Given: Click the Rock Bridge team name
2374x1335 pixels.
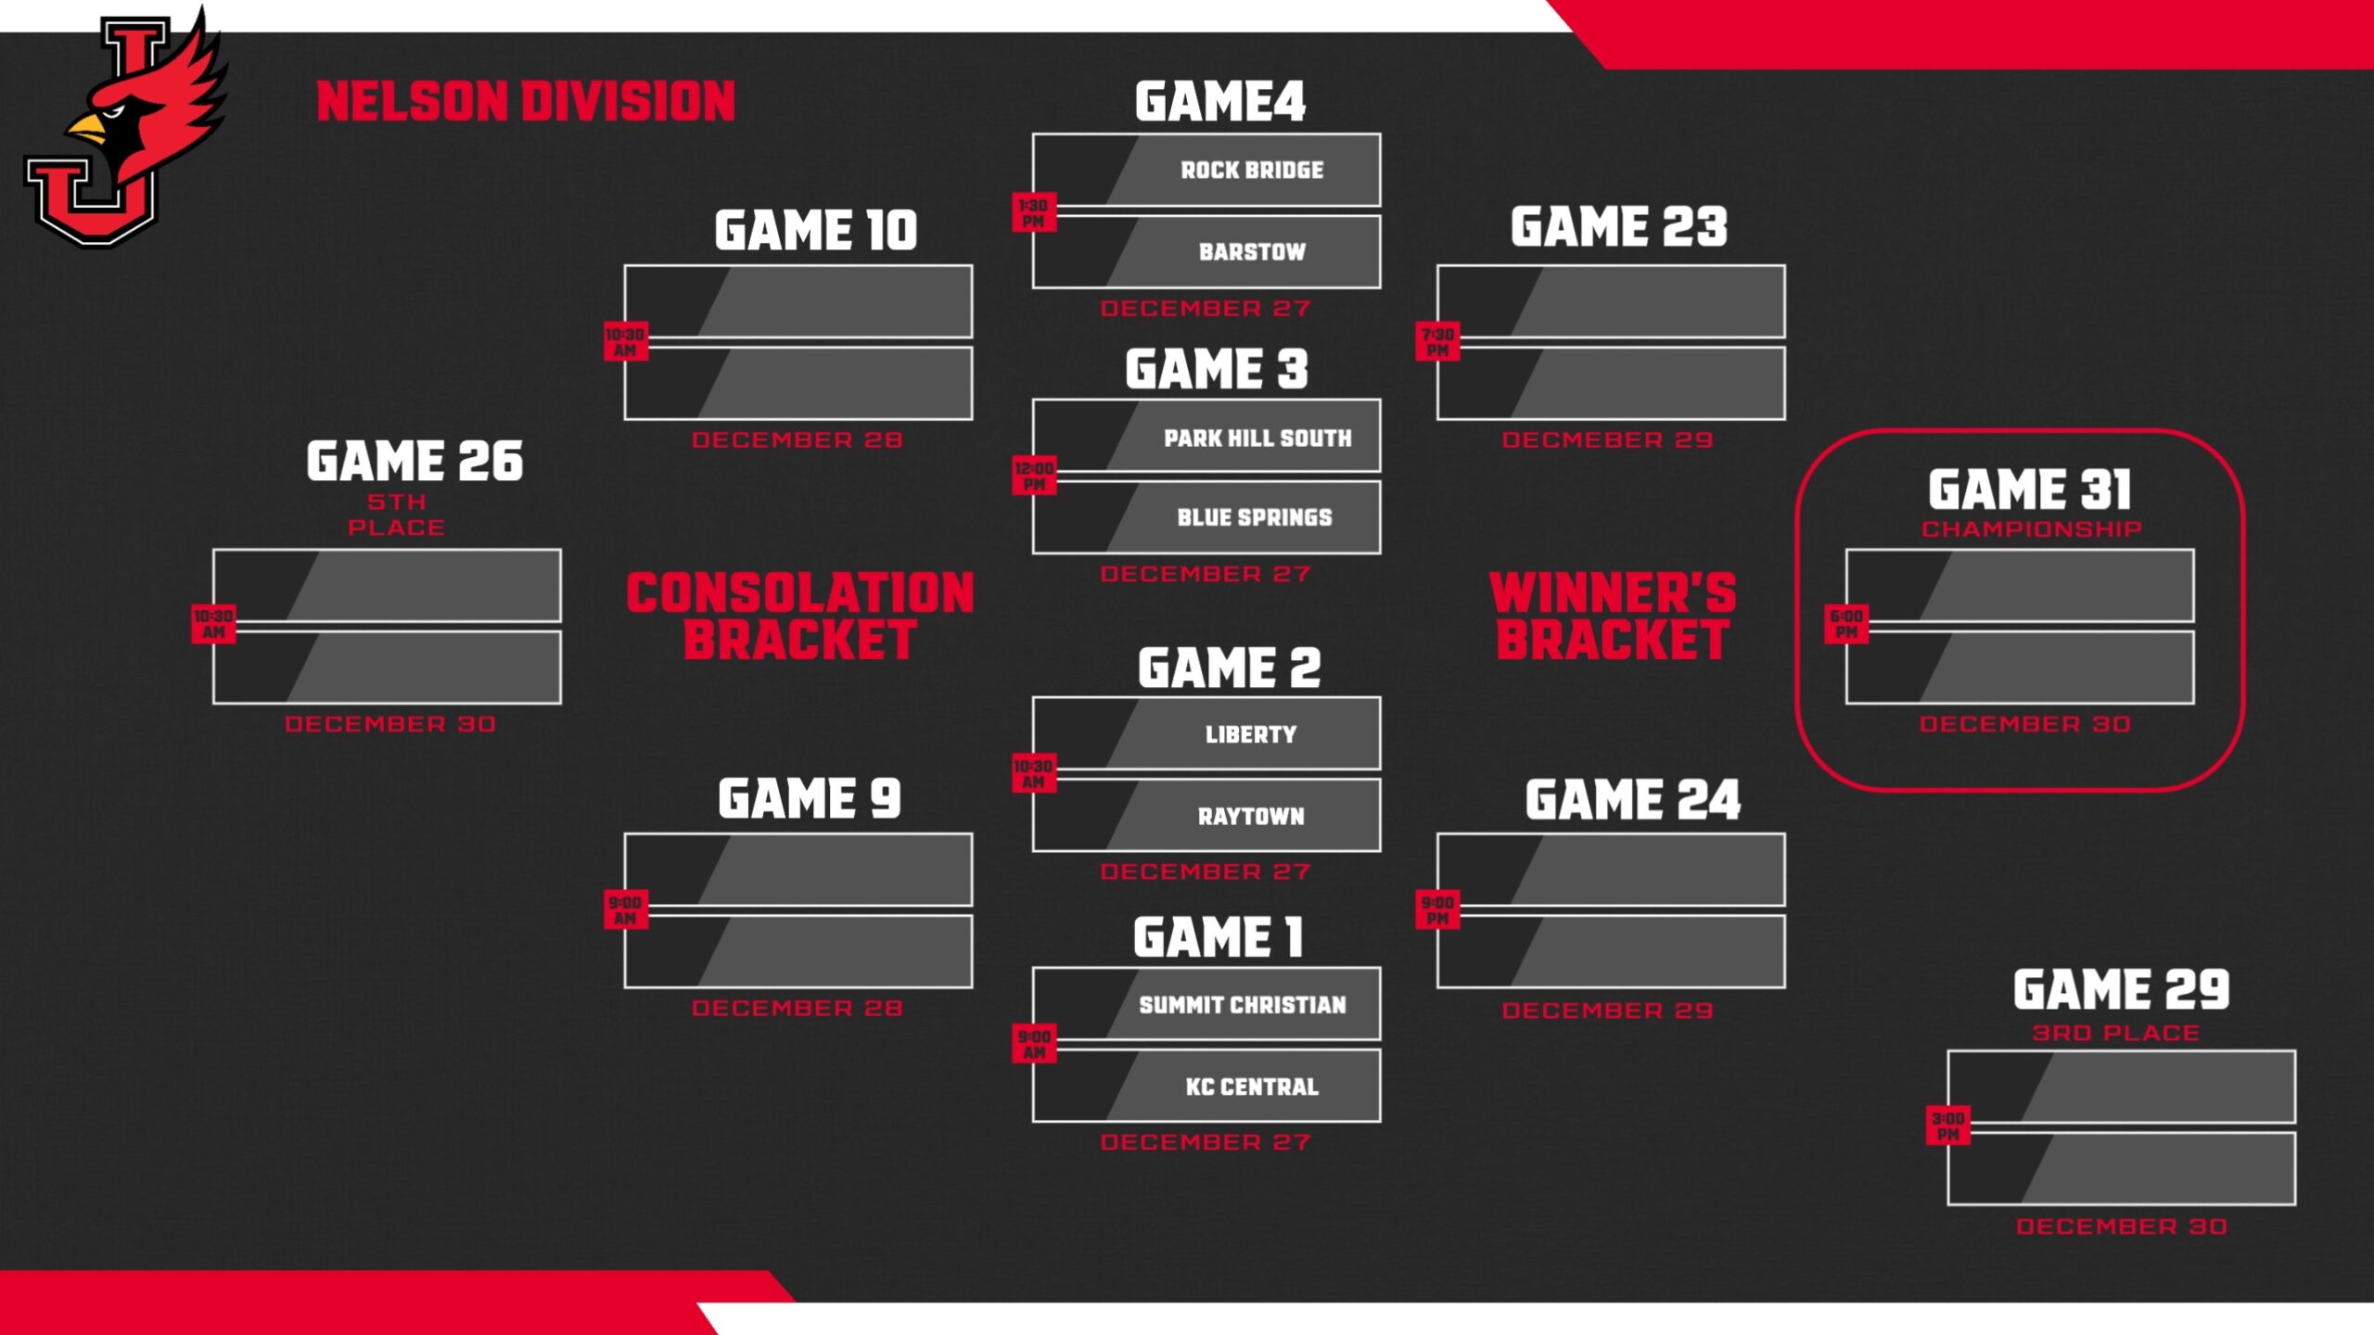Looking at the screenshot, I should [1251, 171].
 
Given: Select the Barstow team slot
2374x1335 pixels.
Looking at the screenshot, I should [1251, 252].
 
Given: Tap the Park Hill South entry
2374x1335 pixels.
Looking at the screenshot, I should [1257, 439].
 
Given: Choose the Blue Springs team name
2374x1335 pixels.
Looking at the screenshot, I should [1254, 518].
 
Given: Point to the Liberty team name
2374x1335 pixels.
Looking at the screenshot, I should [1250, 735].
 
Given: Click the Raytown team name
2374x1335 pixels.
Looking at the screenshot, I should [1250, 817].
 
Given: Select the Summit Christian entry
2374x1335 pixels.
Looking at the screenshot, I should [1242, 1006].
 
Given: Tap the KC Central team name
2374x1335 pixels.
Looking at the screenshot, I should [1251, 1087].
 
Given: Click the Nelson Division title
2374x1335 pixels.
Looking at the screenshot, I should [526, 102].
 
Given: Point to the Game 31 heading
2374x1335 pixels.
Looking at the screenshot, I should [2029, 489].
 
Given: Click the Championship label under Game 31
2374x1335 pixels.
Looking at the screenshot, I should [2031, 529].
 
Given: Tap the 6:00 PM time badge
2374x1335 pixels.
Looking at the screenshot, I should [1845, 624].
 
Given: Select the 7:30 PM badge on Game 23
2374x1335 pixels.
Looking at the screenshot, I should [1437, 342].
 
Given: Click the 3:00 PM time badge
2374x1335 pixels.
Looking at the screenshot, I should [1947, 1126].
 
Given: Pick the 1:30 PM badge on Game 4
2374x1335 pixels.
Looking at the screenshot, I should [1033, 213].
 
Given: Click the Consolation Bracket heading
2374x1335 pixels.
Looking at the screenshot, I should [799, 617].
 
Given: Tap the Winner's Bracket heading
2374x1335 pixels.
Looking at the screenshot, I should [1612, 617].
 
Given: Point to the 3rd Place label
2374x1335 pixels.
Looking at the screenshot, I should [2115, 1034].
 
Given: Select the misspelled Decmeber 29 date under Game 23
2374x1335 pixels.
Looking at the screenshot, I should [1607, 440].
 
